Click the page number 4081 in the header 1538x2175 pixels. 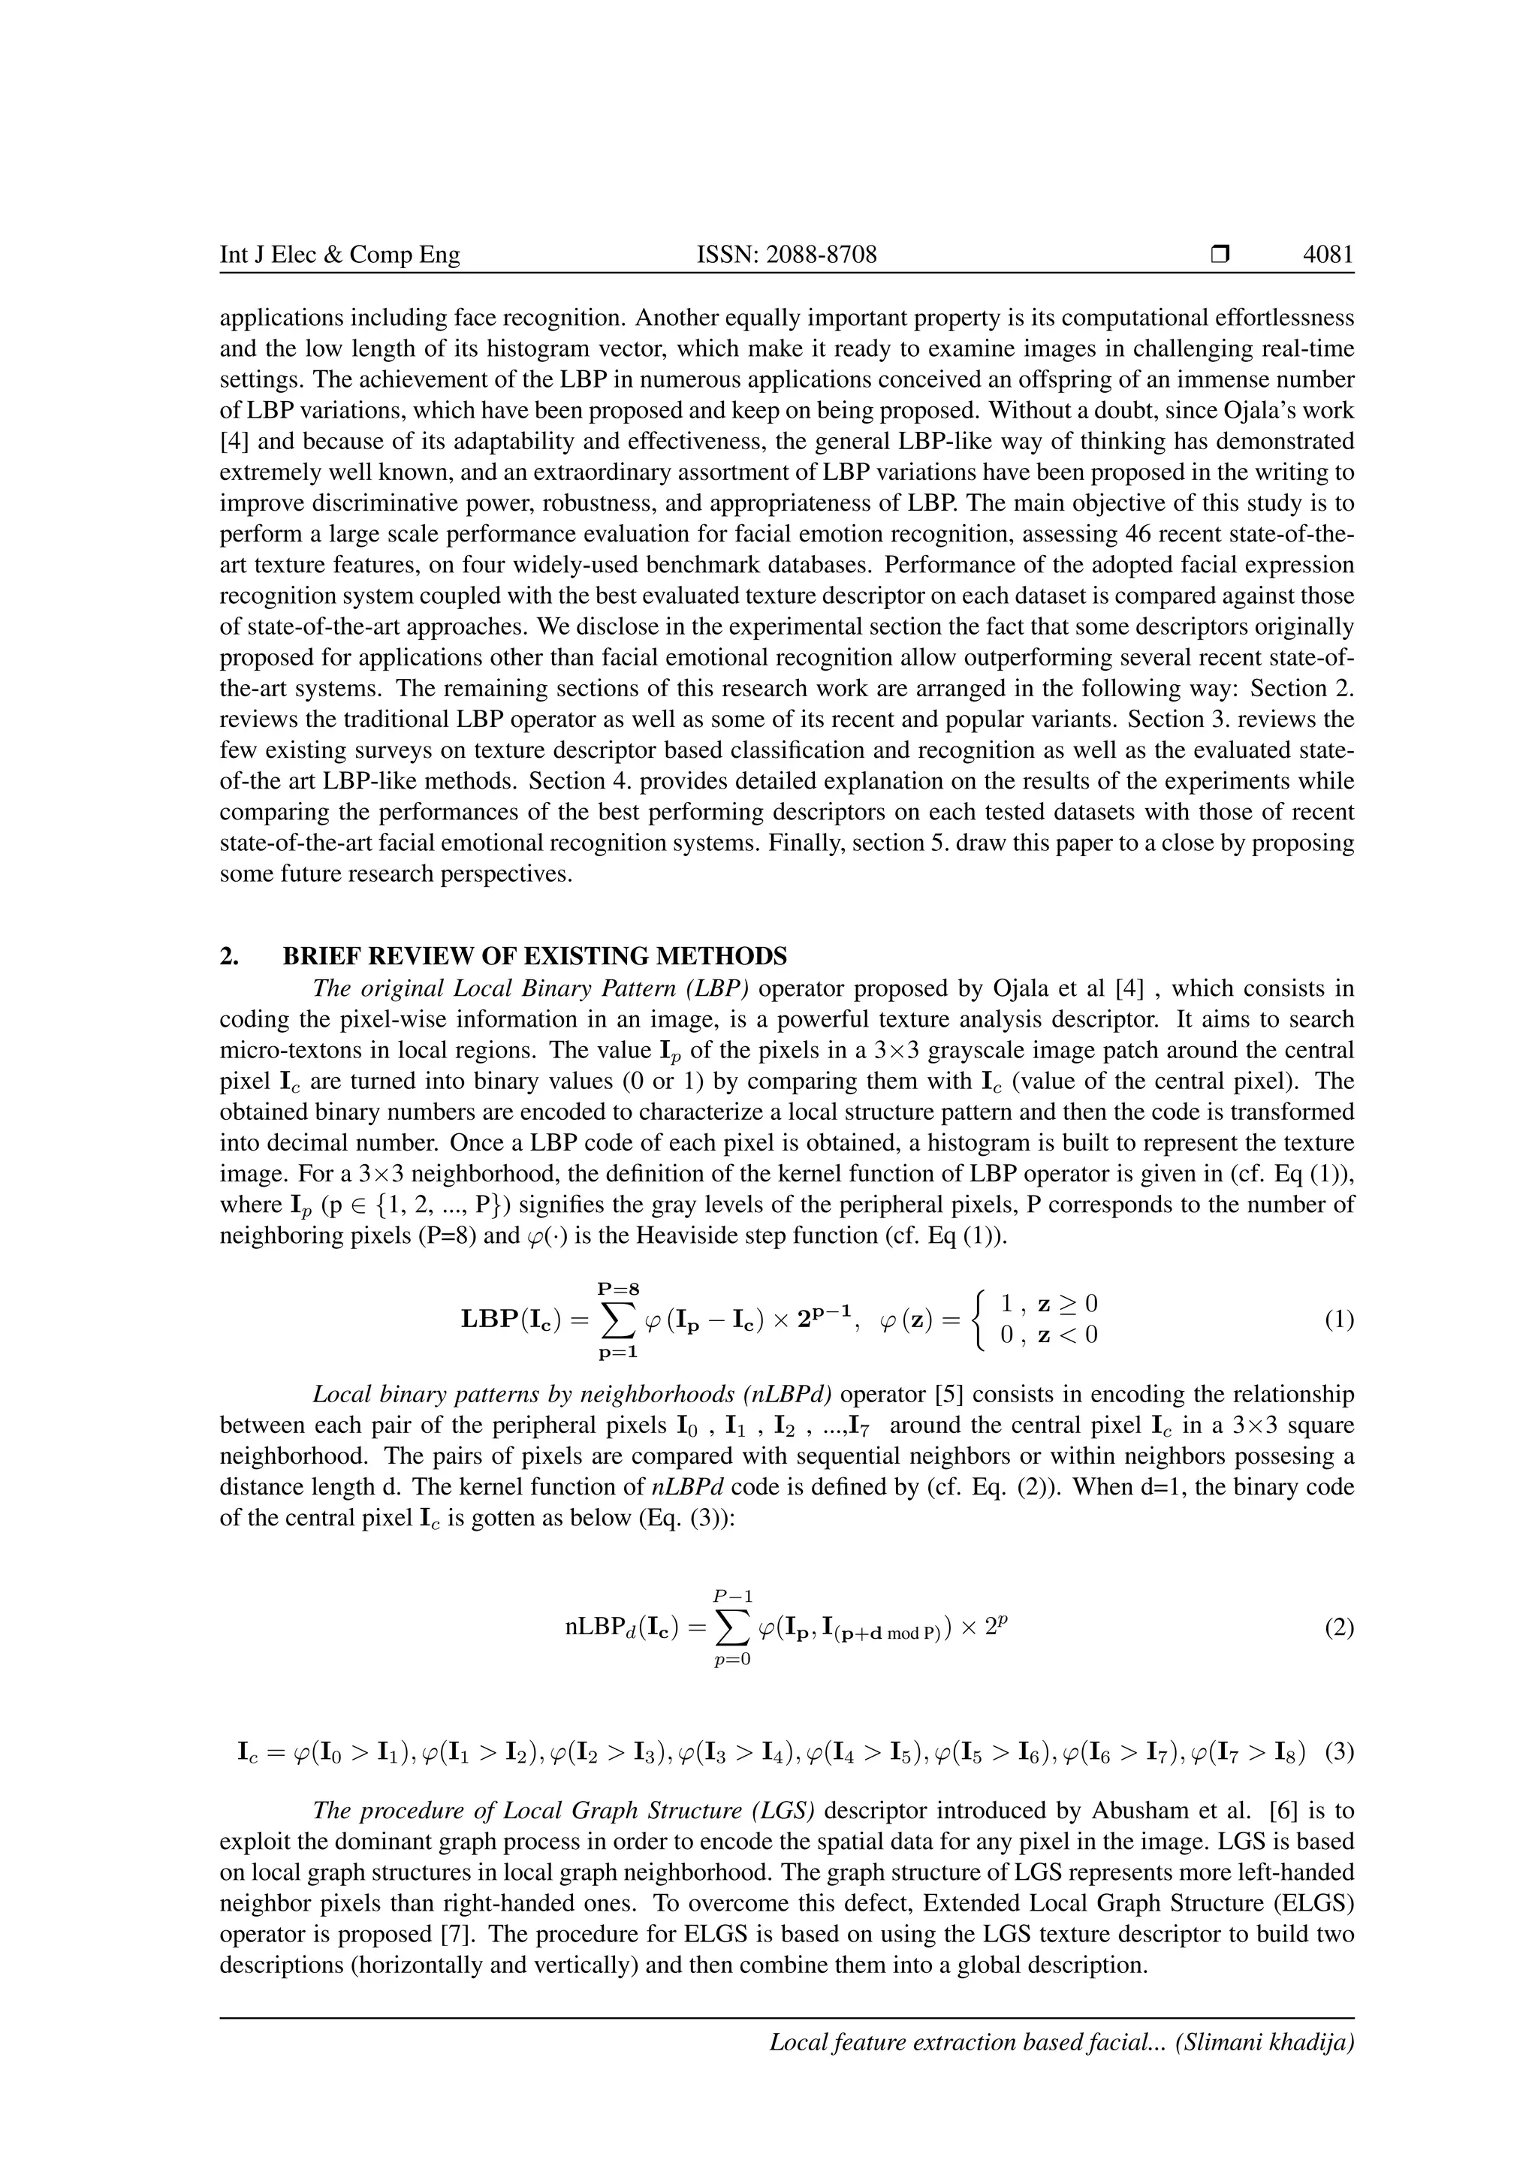[x=1328, y=255]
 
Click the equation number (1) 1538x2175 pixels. [x=1338, y=1320]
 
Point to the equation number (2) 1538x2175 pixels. [x=1338, y=1628]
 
